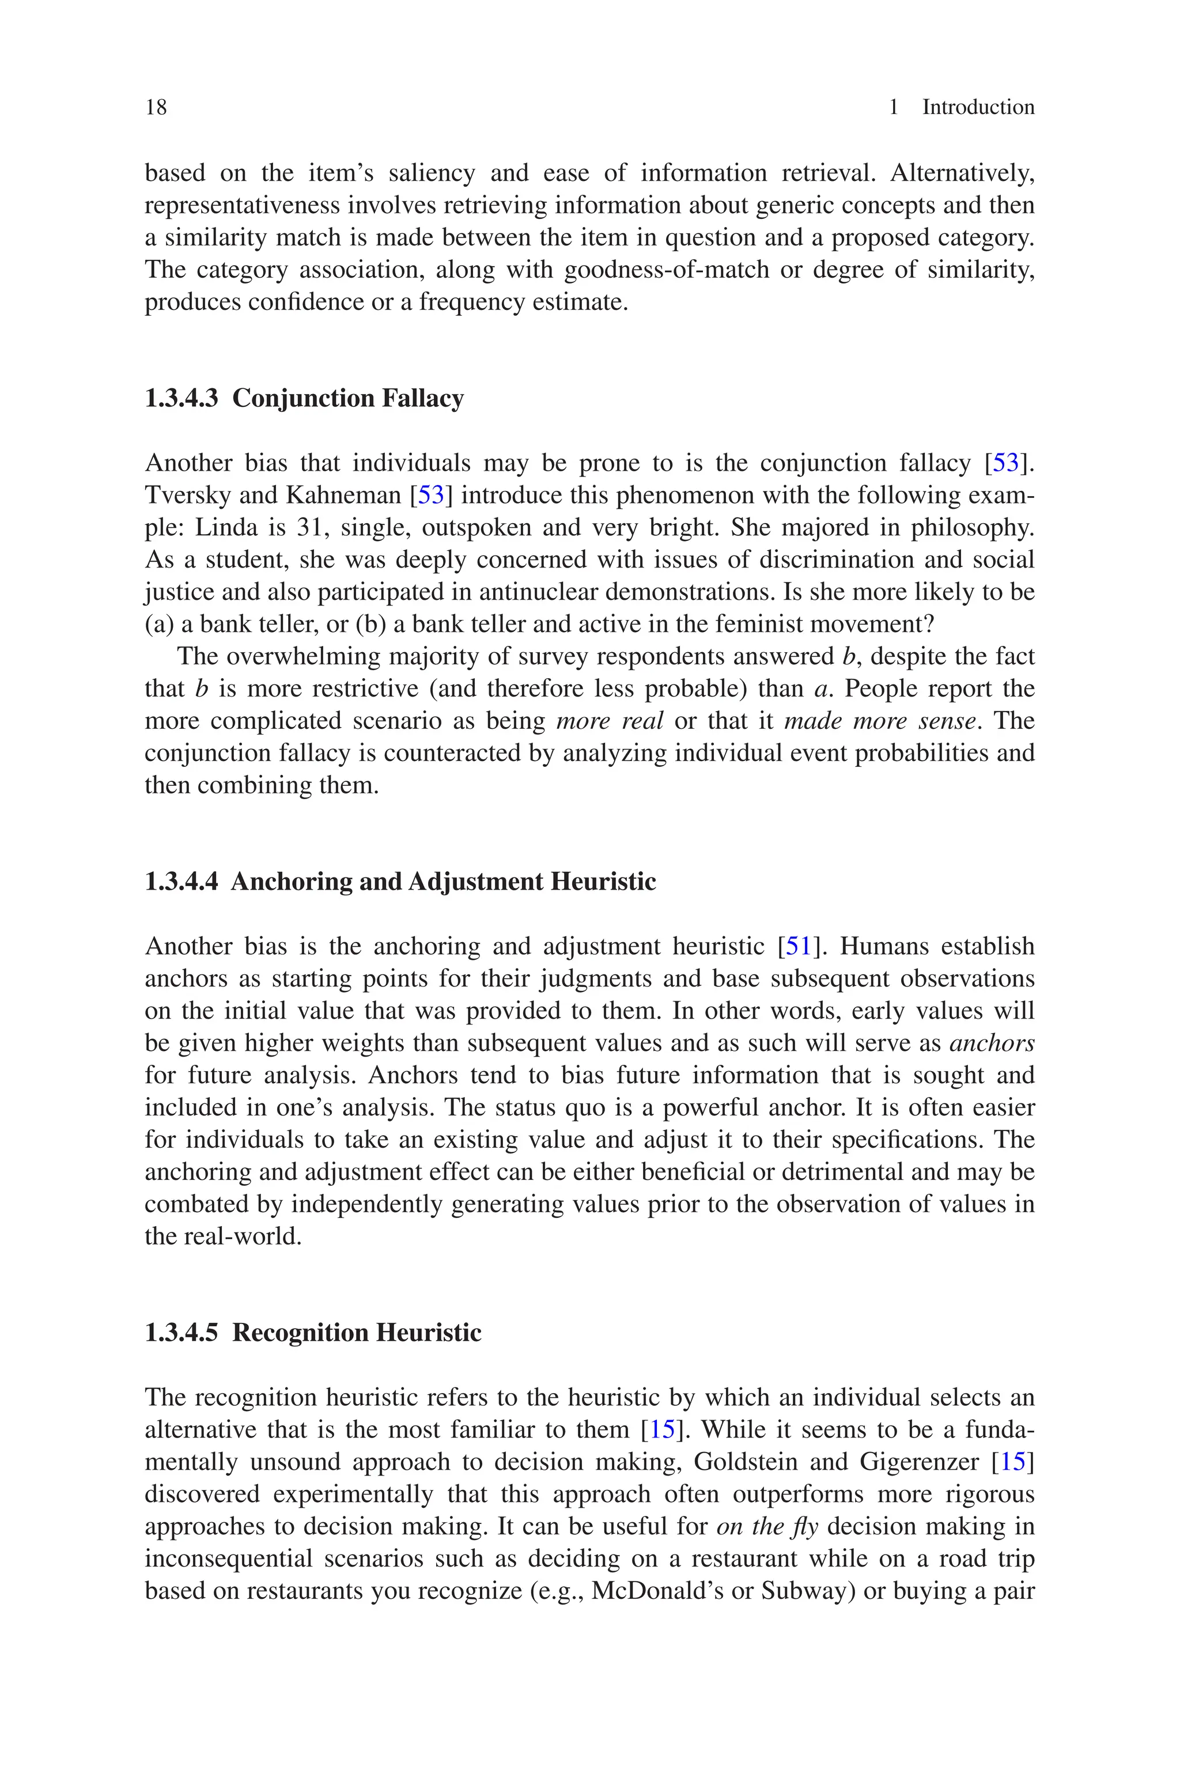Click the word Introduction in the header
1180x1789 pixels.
(978, 108)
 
